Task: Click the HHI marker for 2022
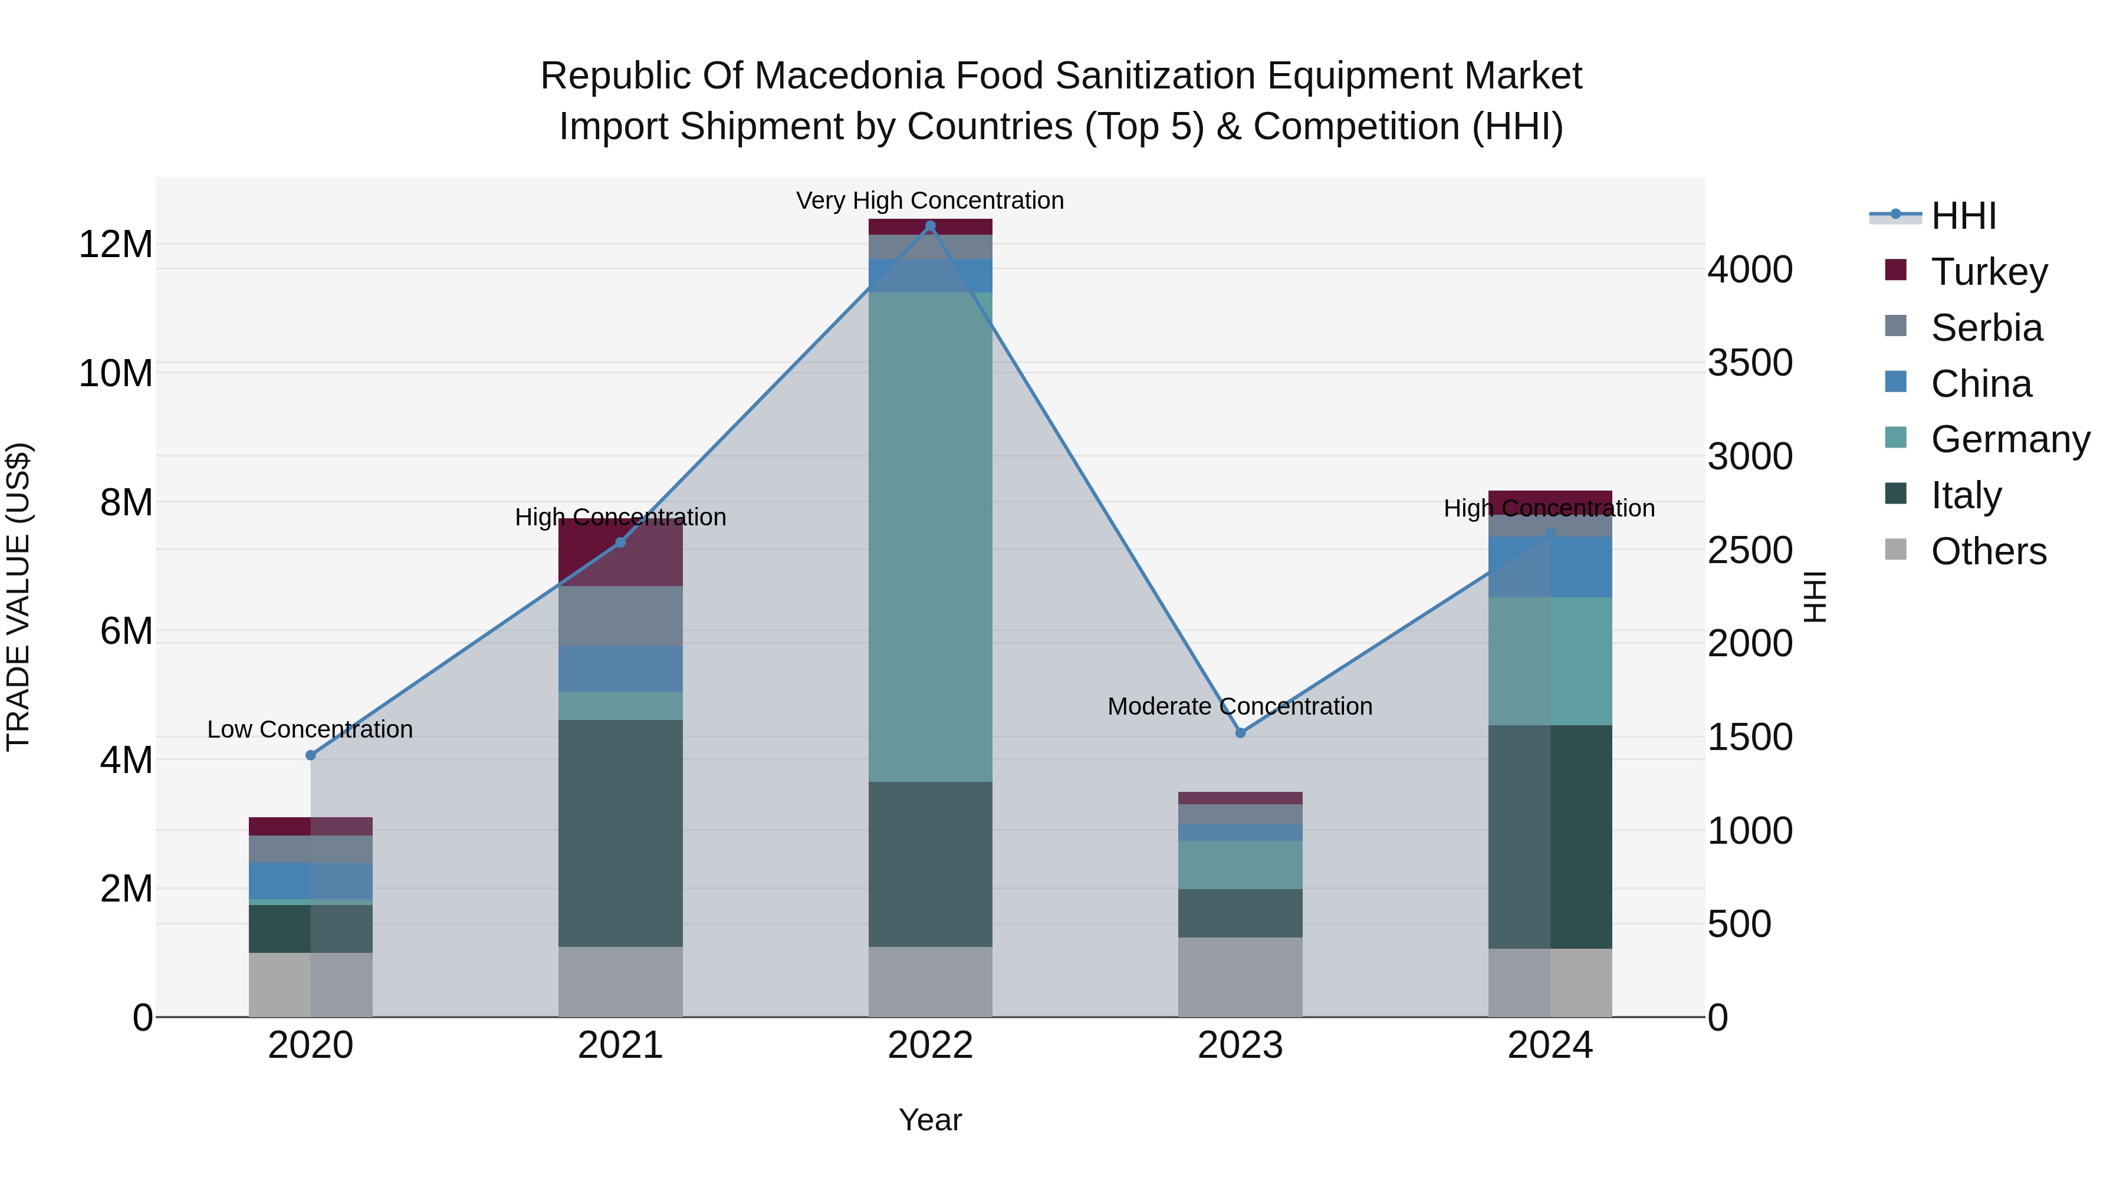931,226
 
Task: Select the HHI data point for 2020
311,755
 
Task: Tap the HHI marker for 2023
1240,732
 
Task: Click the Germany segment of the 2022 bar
931,535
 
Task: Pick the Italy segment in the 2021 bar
620,832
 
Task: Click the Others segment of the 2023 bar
1240,976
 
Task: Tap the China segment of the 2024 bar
1550,567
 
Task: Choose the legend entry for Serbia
1986,328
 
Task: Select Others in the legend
1988,551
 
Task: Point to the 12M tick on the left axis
116,245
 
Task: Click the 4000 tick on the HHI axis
1750,269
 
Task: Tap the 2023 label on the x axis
1240,1045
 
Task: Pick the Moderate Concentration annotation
1240,706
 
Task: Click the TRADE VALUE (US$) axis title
18,597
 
